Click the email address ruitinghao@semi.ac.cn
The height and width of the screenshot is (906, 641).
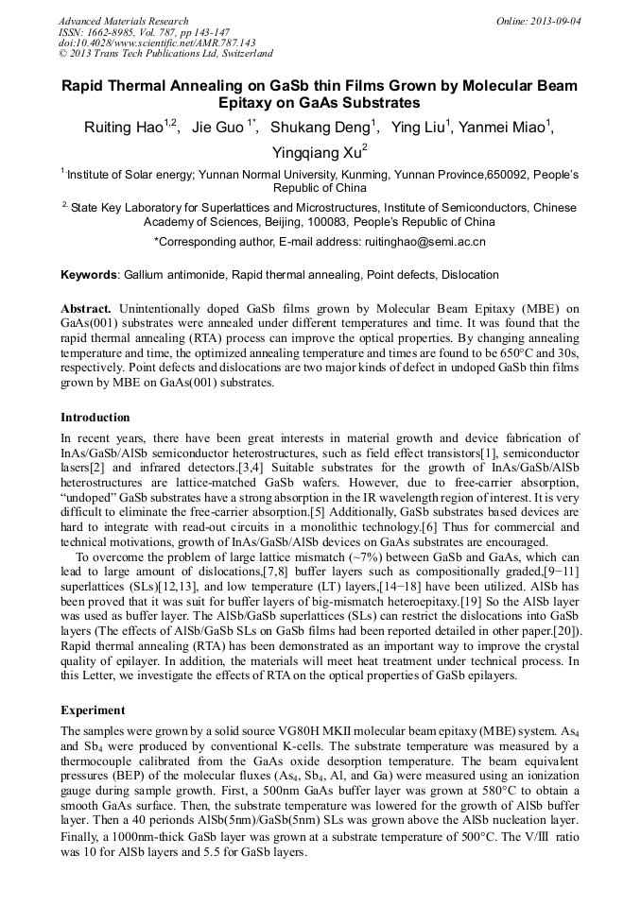click(424, 242)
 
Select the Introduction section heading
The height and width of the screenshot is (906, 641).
click(95, 417)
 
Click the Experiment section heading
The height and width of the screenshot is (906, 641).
click(93, 709)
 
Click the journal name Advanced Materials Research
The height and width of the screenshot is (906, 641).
click(123, 21)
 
